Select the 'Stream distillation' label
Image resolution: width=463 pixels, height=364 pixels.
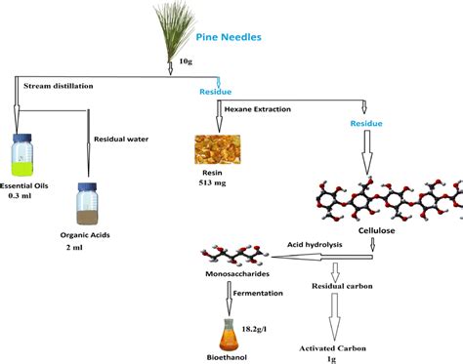click(x=60, y=86)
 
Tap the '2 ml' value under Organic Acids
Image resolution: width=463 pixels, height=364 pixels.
click(x=88, y=250)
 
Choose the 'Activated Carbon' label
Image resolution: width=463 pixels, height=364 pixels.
click(x=337, y=345)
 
